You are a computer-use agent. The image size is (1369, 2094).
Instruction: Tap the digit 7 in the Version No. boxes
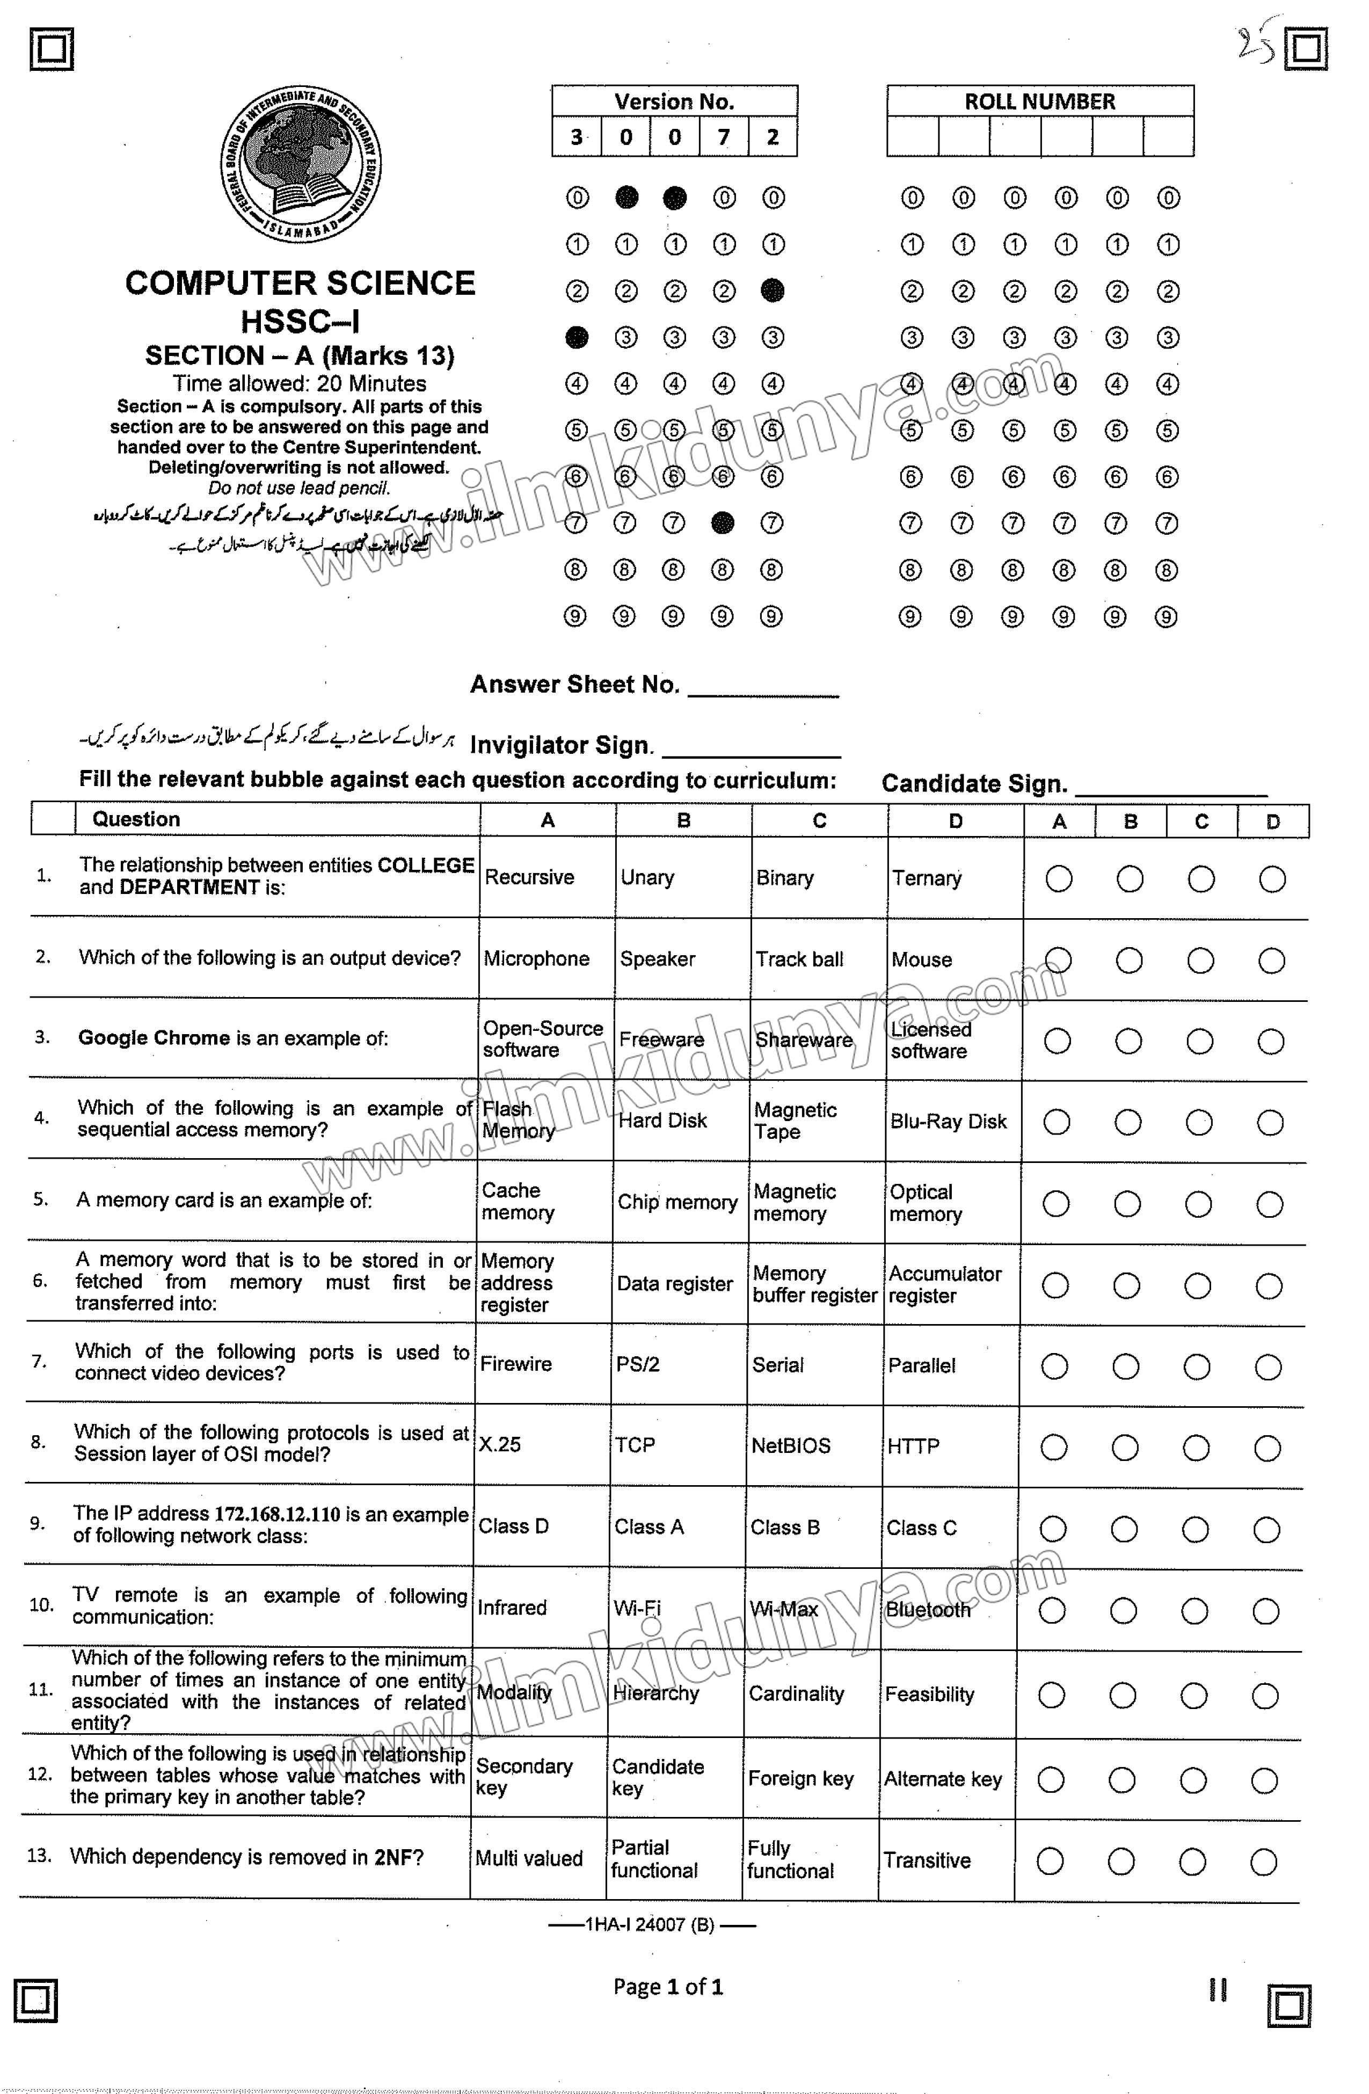[x=723, y=138]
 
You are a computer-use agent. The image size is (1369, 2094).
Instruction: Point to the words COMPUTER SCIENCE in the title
[x=300, y=283]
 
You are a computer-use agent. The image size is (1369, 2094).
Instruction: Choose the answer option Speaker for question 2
[x=657, y=959]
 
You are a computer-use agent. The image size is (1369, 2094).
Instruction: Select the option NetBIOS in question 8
[x=790, y=1445]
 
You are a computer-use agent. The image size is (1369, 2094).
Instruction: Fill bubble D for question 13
[x=1263, y=1861]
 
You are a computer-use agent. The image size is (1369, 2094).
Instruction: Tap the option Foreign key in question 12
[x=800, y=1779]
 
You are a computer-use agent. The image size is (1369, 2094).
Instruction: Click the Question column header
[x=136, y=819]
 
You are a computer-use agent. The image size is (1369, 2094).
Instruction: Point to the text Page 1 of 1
[x=668, y=1987]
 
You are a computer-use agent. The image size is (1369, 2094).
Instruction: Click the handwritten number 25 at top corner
[x=1256, y=44]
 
